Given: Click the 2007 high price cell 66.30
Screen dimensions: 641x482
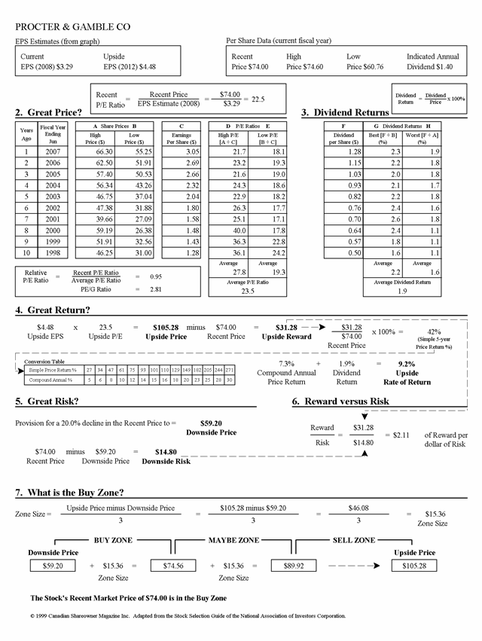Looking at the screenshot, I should tap(104, 151).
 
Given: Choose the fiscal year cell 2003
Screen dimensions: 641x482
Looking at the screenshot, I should tap(53, 197).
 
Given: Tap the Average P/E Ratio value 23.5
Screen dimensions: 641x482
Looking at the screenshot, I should tap(247, 291).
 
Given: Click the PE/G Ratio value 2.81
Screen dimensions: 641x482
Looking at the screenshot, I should tap(156, 288).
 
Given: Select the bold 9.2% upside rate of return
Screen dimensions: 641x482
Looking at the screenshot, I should tap(407, 363).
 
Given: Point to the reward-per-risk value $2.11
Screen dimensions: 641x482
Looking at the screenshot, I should tap(395, 435).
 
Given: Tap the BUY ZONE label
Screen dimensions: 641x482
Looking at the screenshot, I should tap(112, 540).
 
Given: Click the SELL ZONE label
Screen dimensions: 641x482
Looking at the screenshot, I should tap(353, 540).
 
